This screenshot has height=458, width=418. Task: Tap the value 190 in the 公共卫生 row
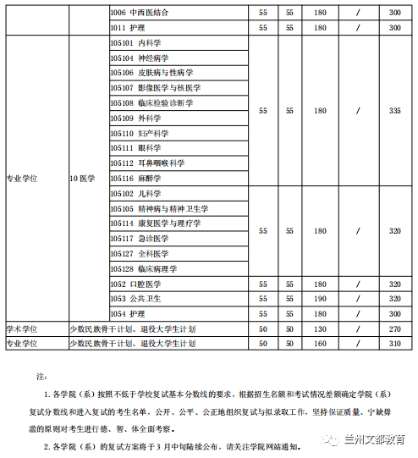click(x=320, y=299)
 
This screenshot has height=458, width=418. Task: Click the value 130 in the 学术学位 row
click(x=320, y=328)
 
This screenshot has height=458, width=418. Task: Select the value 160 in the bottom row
click(x=320, y=344)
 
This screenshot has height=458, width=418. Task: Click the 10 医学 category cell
click(x=83, y=179)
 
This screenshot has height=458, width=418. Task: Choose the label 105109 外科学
click(x=135, y=119)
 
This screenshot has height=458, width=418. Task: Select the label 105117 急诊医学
click(x=137, y=239)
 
